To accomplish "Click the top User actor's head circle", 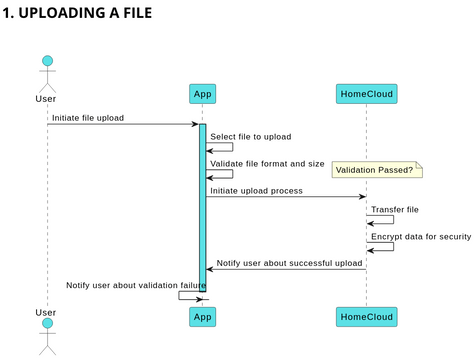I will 46,62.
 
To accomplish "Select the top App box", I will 203,94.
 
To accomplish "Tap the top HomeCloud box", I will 367,94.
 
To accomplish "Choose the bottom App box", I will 203,316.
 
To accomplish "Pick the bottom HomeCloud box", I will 367,316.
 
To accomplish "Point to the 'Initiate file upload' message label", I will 88,117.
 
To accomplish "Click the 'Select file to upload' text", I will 250,136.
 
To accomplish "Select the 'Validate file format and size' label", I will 267,163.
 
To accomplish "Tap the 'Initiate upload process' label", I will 256,190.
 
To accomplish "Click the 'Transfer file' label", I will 395,209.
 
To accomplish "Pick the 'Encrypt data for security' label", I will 421,236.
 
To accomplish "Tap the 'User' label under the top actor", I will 46,98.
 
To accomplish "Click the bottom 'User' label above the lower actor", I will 46,313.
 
